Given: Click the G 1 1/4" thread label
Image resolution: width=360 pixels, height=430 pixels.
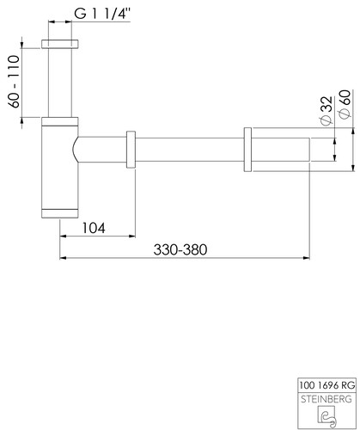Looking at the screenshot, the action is (x=102, y=14).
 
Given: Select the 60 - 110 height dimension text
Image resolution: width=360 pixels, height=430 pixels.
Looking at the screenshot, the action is (x=14, y=82).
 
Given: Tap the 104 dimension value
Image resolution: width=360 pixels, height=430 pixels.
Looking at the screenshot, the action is (x=94, y=228).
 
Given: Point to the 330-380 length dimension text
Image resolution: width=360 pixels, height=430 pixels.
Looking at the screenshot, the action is (x=180, y=249).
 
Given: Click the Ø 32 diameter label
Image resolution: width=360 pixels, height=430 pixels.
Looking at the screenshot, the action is (x=326, y=111).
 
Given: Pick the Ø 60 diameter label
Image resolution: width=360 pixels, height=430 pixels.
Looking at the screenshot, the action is (x=345, y=104).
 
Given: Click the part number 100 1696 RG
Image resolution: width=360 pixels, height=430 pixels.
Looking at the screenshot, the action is (x=327, y=385).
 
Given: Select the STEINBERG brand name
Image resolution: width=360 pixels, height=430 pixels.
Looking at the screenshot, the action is (x=326, y=399).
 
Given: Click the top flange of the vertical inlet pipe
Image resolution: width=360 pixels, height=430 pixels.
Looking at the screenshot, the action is (x=60, y=44).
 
